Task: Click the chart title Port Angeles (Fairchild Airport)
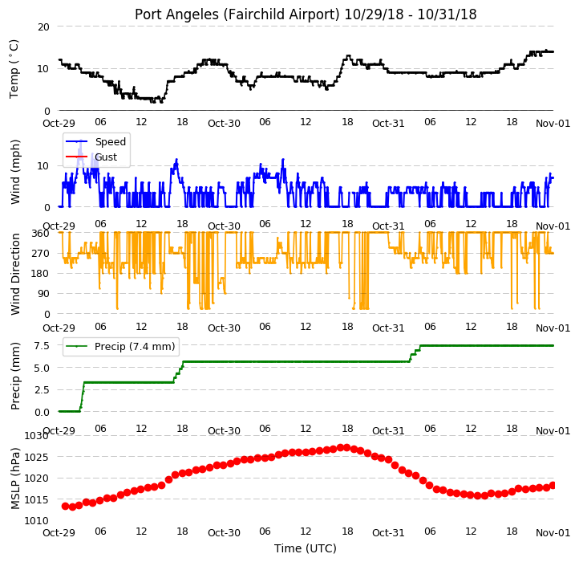tap(237, 14)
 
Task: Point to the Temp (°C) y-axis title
tap(14, 69)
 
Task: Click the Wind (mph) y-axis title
tap(15, 172)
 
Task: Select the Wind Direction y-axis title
tap(15, 274)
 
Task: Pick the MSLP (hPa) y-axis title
tap(15, 479)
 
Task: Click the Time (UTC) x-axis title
tap(306, 548)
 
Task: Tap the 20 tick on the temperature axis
tap(43, 27)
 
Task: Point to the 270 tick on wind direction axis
tap(41, 254)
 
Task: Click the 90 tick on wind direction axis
tap(43, 294)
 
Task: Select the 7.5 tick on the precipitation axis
tap(42, 346)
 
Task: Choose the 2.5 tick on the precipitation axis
tap(42, 390)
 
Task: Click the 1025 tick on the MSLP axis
tap(37, 458)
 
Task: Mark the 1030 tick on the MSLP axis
tap(37, 436)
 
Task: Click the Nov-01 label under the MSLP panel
tap(553, 533)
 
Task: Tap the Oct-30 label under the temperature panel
tap(224, 123)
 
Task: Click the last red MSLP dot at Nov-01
tap(553, 486)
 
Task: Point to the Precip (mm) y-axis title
tap(15, 376)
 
